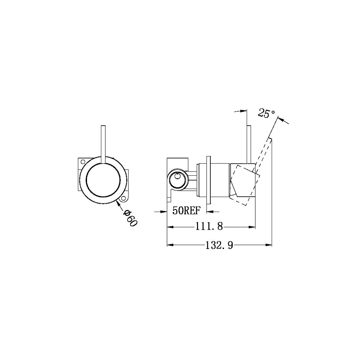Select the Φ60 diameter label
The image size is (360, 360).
coord(130,218)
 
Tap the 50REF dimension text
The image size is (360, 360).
coord(187,211)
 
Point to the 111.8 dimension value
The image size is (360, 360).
coord(209,227)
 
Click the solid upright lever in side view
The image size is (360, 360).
coord(248,145)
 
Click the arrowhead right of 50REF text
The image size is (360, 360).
coord(210,211)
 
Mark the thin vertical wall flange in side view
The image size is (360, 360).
coord(209,179)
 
